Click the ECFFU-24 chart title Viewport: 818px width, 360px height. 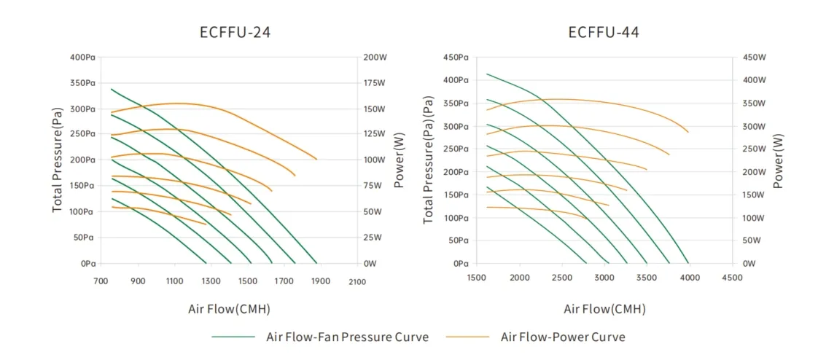tap(230, 32)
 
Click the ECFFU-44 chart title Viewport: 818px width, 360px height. tap(604, 32)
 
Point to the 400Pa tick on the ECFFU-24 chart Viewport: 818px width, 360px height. tap(83, 57)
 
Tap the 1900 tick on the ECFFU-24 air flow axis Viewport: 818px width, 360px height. tap(320, 281)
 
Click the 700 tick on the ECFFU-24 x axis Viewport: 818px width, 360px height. tap(101, 281)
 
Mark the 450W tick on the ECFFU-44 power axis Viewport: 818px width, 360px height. tap(755, 57)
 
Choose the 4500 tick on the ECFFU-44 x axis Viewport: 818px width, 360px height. tap(732, 278)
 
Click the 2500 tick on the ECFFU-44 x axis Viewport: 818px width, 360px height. tap(561, 278)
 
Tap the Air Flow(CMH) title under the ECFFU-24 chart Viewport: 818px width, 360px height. tap(229, 309)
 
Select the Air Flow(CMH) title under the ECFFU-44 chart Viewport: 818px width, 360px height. tap(604, 309)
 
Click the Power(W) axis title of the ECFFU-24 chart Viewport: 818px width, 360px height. tap(399, 160)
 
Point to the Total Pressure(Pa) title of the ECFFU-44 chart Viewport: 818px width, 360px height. tap(429, 160)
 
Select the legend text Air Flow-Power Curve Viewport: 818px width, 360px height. tap(563, 337)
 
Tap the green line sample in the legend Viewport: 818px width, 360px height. tap(233, 337)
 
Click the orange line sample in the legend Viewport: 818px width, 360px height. tap(468, 337)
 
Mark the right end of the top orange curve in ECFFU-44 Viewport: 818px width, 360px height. tap(688, 132)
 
